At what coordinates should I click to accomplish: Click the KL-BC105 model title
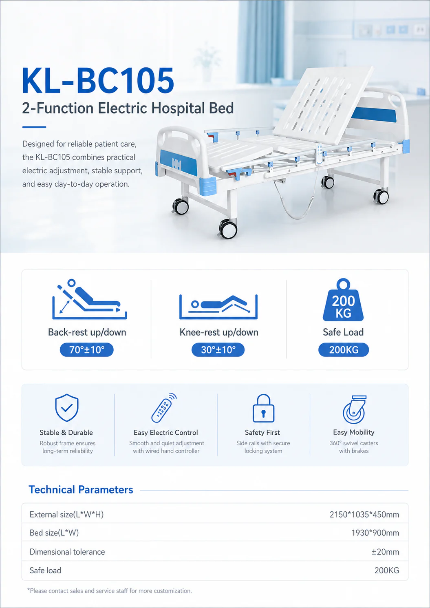coord(98,81)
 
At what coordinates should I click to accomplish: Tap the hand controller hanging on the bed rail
coord(320,154)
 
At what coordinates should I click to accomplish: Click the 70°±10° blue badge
coord(86,349)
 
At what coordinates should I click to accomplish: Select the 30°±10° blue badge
coord(218,349)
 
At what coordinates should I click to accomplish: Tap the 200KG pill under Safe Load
coord(344,349)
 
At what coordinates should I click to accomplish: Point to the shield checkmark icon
coord(67,408)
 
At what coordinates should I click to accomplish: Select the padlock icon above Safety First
coord(263,408)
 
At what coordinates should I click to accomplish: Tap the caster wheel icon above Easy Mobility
coord(354,409)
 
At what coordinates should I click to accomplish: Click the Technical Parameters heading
coord(81,490)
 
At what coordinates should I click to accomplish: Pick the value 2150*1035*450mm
coord(364,514)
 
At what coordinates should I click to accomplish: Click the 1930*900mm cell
coord(375,533)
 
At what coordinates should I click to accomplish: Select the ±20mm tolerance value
coord(385,552)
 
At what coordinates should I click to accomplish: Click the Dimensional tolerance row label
coord(67,552)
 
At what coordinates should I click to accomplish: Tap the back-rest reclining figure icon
coord(90,299)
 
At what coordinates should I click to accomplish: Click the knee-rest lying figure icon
coord(218,307)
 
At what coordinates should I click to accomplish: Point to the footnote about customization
coord(110,590)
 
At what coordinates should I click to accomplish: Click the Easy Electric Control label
coord(166,432)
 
